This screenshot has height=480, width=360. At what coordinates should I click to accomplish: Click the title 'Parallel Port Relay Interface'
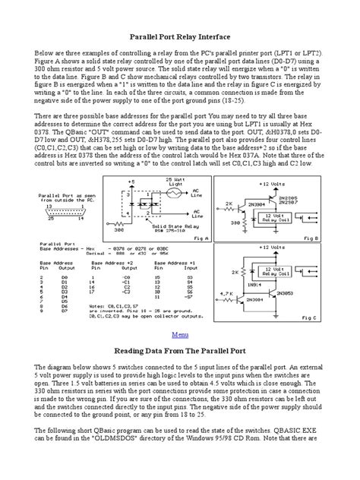[x=180, y=36]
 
